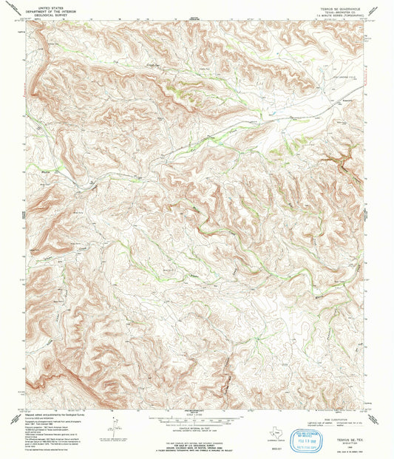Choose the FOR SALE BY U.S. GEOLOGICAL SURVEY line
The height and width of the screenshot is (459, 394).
[196, 436]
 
